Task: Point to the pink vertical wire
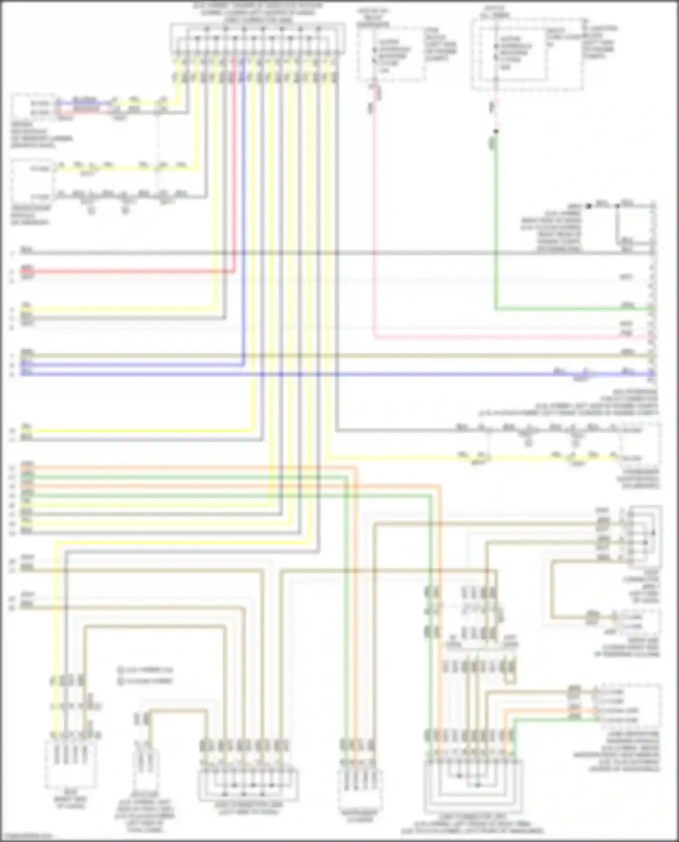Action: [374, 226]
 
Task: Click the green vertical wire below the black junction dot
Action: [496, 226]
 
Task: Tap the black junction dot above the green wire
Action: [496, 131]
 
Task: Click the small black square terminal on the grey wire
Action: [588, 206]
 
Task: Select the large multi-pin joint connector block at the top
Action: [257, 38]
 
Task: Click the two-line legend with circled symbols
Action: [145, 675]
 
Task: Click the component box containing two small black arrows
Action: [645, 536]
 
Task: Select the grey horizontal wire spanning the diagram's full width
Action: [317, 253]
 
